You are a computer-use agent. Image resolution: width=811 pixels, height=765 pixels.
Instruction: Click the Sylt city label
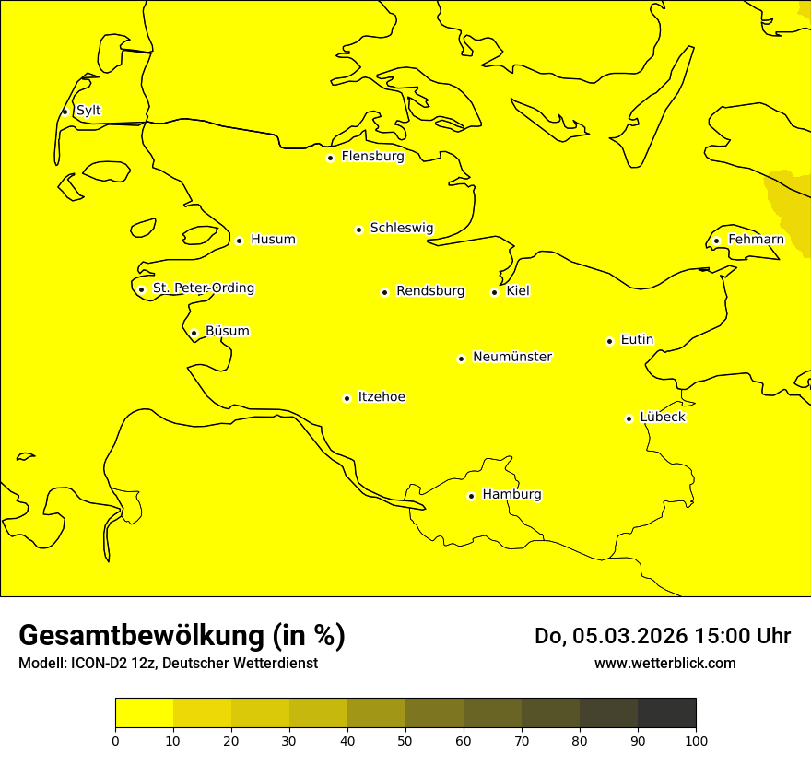pyautogui.click(x=88, y=111)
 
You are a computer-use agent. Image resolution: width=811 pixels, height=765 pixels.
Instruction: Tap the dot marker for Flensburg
pyautogui.click(x=330, y=158)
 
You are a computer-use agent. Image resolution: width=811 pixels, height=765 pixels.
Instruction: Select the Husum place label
pyautogui.click(x=273, y=240)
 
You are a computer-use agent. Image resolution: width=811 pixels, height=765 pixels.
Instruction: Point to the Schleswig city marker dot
pyautogui.click(x=358, y=229)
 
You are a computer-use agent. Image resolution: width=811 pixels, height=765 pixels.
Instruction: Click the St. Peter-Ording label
pyautogui.click(x=204, y=288)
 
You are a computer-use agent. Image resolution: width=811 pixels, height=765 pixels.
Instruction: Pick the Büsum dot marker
pyautogui.click(x=194, y=333)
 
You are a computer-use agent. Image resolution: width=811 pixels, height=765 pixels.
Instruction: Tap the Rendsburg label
pyautogui.click(x=430, y=291)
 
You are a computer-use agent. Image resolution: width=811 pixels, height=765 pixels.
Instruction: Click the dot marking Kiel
pyautogui.click(x=494, y=292)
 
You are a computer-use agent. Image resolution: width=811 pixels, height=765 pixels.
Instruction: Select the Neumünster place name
pyautogui.click(x=512, y=357)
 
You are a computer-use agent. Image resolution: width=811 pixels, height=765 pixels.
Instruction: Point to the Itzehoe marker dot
pyautogui.click(x=347, y=398)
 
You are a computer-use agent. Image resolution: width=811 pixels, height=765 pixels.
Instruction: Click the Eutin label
pyautogui.click(x=637, y=340)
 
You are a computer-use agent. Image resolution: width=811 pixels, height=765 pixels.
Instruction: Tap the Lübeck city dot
pyautogui.click(x=629, y=418)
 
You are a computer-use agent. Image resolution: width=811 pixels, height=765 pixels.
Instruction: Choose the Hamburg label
pyautogui.click(x=511, y=495)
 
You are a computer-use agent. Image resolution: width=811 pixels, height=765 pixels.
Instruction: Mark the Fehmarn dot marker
pyautogui.click(x=716, y=241)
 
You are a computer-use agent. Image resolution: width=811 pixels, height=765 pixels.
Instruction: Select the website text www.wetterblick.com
pyautogui.click(x=664, y=664)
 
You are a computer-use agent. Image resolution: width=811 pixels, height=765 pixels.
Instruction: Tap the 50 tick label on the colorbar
pyautogui.click(x=405, y=740)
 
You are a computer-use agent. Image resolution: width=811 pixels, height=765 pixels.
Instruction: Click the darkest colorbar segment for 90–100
pyautogui.click(x=666, y=713)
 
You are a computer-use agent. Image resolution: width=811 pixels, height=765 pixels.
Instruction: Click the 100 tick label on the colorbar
pyautogui.click(x=696, y=740)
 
